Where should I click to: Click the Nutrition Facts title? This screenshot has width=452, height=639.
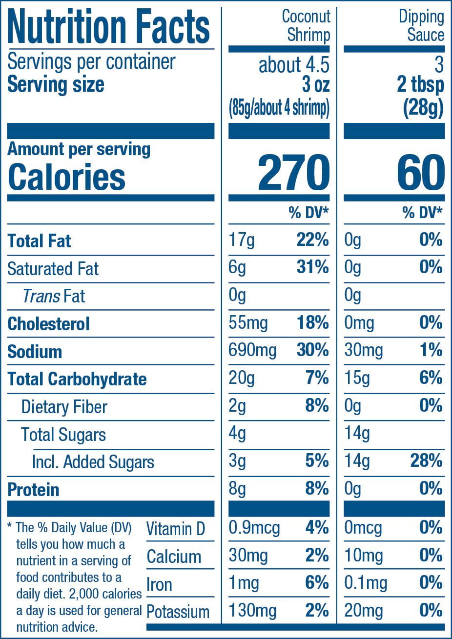click(x=108, y=26)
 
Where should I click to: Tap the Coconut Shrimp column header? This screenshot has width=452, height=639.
click(x=306, y=26)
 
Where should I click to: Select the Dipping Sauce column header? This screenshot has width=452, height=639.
click(x=421, y=26)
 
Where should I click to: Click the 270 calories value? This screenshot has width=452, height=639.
click(x=294, y=173)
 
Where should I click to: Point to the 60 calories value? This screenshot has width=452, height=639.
click(x=421, y=173)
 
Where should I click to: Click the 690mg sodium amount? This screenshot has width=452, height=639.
click(x=252, y=351)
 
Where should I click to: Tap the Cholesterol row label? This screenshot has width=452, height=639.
click(x=48, y=324)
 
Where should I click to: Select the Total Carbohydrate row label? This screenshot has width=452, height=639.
click(x=77, y=379)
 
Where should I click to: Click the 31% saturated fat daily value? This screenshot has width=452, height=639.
click(x=313, y=267)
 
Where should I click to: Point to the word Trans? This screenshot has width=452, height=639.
click(x=41, y=296)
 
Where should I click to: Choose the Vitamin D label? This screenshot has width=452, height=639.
click(x=176, y=529)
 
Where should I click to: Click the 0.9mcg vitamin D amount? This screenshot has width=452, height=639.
click(x=254, y=528)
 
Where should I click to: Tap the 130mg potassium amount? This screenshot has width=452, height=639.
click(x=253, y=611)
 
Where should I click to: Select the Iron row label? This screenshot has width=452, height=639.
click(x=159, y=584)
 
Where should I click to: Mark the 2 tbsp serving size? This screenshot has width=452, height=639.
click(x=421, y=85)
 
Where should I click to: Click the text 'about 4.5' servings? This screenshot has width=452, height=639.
click(x=294, y=65)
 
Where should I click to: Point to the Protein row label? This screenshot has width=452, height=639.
click(x=33, y=490)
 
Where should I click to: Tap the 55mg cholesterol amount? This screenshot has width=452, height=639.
click(x=248, y=323)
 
